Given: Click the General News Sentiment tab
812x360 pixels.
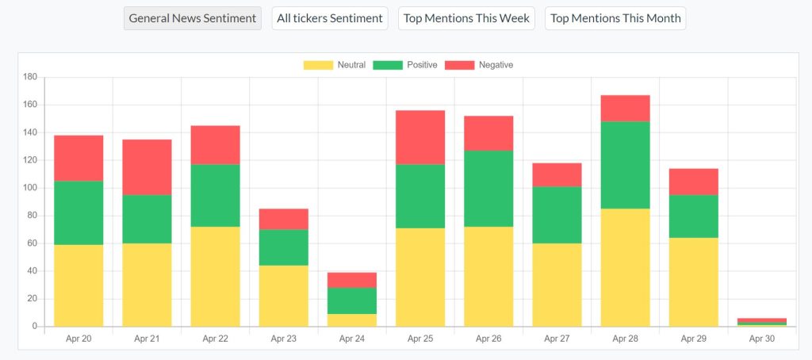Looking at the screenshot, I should point(193,18).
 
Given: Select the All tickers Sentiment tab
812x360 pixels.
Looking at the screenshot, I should point(330,18).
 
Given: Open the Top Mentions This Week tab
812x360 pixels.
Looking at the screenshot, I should point(467,18).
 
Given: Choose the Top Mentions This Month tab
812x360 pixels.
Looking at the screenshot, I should point(615,18).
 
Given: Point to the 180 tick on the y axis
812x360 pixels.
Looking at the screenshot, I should point(30,77).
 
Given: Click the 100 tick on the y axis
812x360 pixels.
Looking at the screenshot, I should point(30,188).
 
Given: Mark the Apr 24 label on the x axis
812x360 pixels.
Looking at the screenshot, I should point(352,339).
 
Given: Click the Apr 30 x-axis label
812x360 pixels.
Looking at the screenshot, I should point(762,339).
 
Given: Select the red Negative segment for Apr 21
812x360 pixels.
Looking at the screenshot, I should point(147,167).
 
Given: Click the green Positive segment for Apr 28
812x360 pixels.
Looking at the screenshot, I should point(625,165).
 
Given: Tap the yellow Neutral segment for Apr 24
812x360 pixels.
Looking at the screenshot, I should point(352,320).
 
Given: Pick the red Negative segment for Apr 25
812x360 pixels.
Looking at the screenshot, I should point(420,137).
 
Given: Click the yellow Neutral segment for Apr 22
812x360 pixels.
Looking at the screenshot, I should point(215,277).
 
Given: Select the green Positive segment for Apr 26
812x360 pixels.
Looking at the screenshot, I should point(488,189).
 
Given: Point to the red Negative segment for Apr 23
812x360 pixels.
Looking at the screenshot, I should point(283,219).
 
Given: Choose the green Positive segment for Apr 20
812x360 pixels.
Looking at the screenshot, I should point(79,213).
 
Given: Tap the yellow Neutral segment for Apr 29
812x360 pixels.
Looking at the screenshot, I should point(693,282).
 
